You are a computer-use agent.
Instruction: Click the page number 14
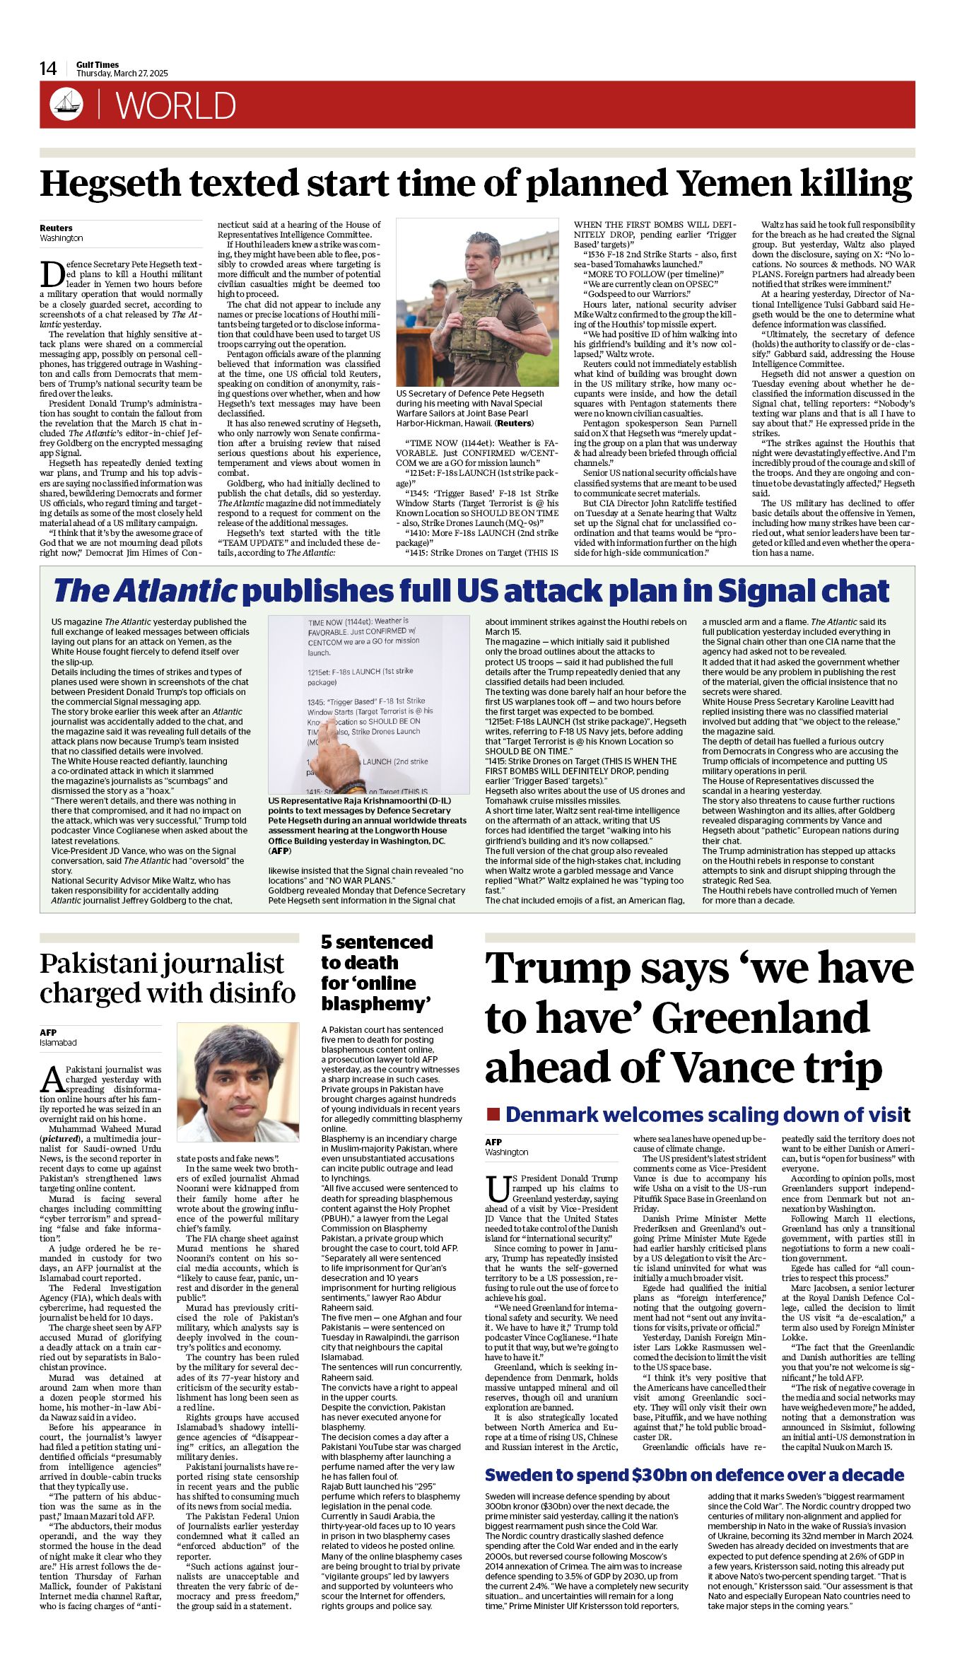coord(48,69)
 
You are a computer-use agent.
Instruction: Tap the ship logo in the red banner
coord(66,105)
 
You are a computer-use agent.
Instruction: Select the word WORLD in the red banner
coord(175,106)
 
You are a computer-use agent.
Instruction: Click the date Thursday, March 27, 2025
coord(122,74)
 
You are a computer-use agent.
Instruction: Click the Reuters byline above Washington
coord(56,228)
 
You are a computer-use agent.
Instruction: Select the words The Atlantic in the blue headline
coord(144,591)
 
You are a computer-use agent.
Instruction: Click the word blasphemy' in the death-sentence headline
coord(376,1003)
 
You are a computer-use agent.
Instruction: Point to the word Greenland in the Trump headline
coord(761,1018)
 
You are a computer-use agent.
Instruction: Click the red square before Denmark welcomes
coord(493,1115)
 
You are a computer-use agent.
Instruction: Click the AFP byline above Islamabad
coord(48,1032)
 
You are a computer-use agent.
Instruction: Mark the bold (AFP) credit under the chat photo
coord(281,851)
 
